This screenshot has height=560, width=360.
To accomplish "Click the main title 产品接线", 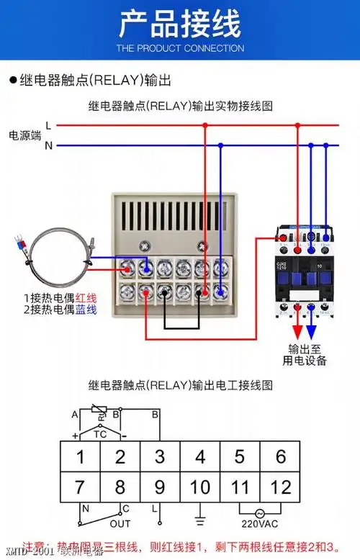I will coord(180,24).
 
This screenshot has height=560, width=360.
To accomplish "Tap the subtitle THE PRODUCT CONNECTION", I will coord(180,48).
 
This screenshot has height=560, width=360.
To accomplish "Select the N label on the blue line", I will coord(48,145).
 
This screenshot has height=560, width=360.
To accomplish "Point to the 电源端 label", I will coord(24,135).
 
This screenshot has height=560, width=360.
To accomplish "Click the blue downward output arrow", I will coord(311,330).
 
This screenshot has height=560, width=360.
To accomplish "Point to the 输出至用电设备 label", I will coord(303,354).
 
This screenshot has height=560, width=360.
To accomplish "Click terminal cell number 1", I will coord(80,456).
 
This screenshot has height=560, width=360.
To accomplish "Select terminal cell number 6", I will coord(281,456).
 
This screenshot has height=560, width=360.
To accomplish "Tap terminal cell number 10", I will coord(200,487).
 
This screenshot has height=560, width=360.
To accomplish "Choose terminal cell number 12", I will coord(281,487).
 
